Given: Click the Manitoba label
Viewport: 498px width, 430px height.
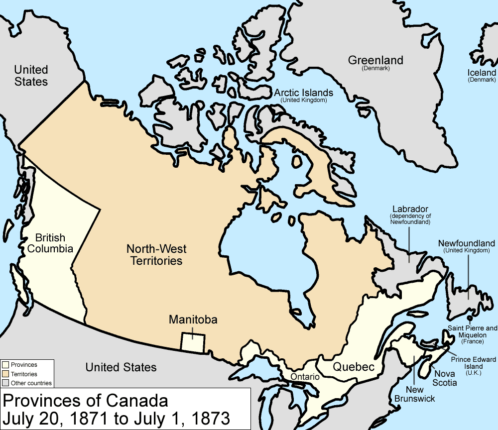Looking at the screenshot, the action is coord(193,320).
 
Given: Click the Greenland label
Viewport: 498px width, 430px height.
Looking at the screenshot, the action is coord(375,61).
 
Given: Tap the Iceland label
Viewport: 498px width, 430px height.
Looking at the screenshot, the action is coord(482,73).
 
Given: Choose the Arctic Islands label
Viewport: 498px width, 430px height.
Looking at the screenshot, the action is coord(303,93).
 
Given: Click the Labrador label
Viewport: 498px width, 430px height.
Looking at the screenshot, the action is coord(410,209).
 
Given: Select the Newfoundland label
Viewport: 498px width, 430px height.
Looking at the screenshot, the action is coord(467,243).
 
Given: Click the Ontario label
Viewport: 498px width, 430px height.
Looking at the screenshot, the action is coord(305,377).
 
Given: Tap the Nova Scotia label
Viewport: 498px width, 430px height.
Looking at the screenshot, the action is coord(445,378).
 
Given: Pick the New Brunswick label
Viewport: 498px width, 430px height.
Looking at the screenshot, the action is coord(414,394).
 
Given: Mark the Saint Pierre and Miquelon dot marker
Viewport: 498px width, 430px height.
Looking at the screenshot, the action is coord(470,317).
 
